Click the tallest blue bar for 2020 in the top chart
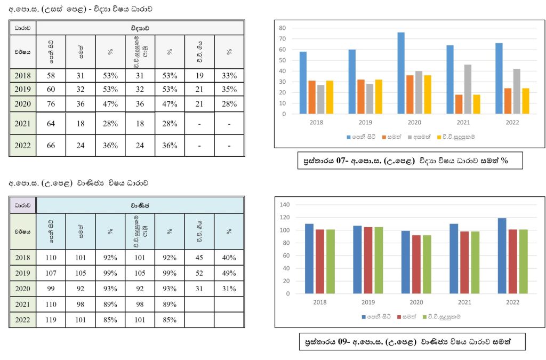400,73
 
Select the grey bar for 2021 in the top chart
468,89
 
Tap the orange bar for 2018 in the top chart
312,97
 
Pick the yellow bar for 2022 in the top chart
526,101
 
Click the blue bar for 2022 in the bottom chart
502,256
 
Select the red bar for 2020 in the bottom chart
416,265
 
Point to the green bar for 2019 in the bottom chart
379,260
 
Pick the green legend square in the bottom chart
424,317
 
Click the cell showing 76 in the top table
51,104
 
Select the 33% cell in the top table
229,76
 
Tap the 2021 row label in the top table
23,124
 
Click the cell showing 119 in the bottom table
51,320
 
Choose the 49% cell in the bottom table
229,274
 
